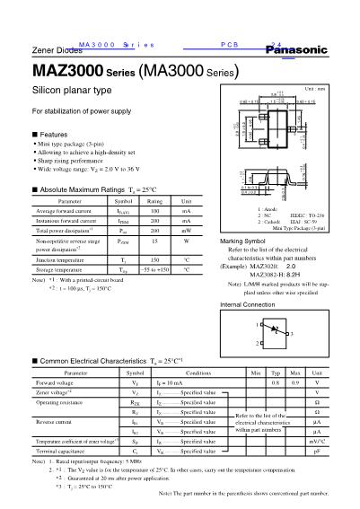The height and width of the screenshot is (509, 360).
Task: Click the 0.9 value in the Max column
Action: coord(296,382)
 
